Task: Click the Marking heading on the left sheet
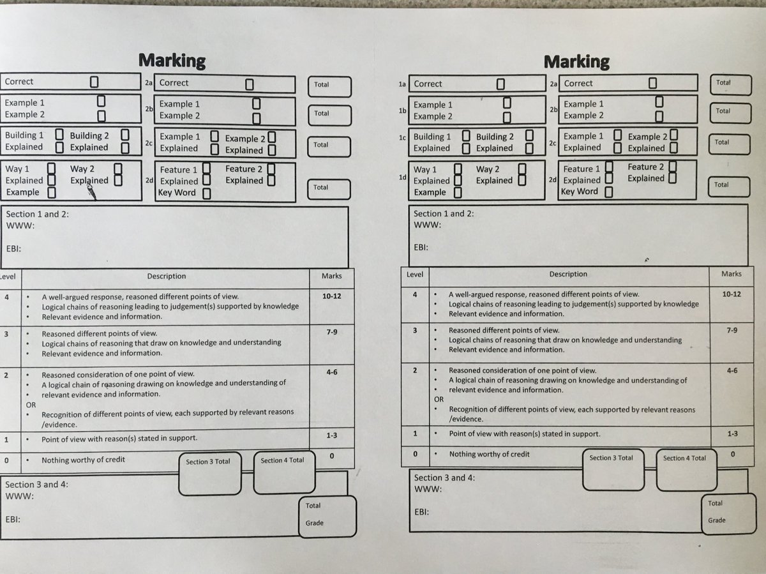[x=172, y=61]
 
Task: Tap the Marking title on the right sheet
[x=576, y=62]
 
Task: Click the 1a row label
[x=402, y=84]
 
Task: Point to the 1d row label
[x=402, y=177]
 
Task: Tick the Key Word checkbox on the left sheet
[x=207, y=193]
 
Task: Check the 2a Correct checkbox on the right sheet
[x=652, y=83]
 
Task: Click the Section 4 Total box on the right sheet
[x=684, y=469]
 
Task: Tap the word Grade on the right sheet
[x=717, y=520]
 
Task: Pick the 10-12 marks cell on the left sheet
[x=331, y=296]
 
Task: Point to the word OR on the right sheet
[x=439, y=399]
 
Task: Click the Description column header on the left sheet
[x=167, y=276]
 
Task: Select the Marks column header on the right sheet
[x=731, y=274]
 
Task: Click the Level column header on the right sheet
[x=415, y=274]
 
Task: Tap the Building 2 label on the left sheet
[x=89, y=135]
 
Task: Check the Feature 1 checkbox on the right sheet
[x=609, y=168]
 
